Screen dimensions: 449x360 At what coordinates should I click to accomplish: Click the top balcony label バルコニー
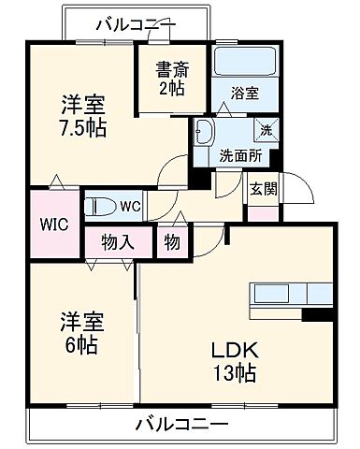(x=135, y=24)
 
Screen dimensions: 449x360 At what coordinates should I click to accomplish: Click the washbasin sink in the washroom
(x=205, y=133)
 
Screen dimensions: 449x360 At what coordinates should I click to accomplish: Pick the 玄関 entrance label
(x=261, y=187)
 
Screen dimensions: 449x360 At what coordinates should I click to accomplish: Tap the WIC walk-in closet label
(x=52, y=224)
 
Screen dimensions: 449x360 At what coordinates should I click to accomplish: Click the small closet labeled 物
(x=173, y=241)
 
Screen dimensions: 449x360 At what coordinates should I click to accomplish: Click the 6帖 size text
(x=79, y=342)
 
